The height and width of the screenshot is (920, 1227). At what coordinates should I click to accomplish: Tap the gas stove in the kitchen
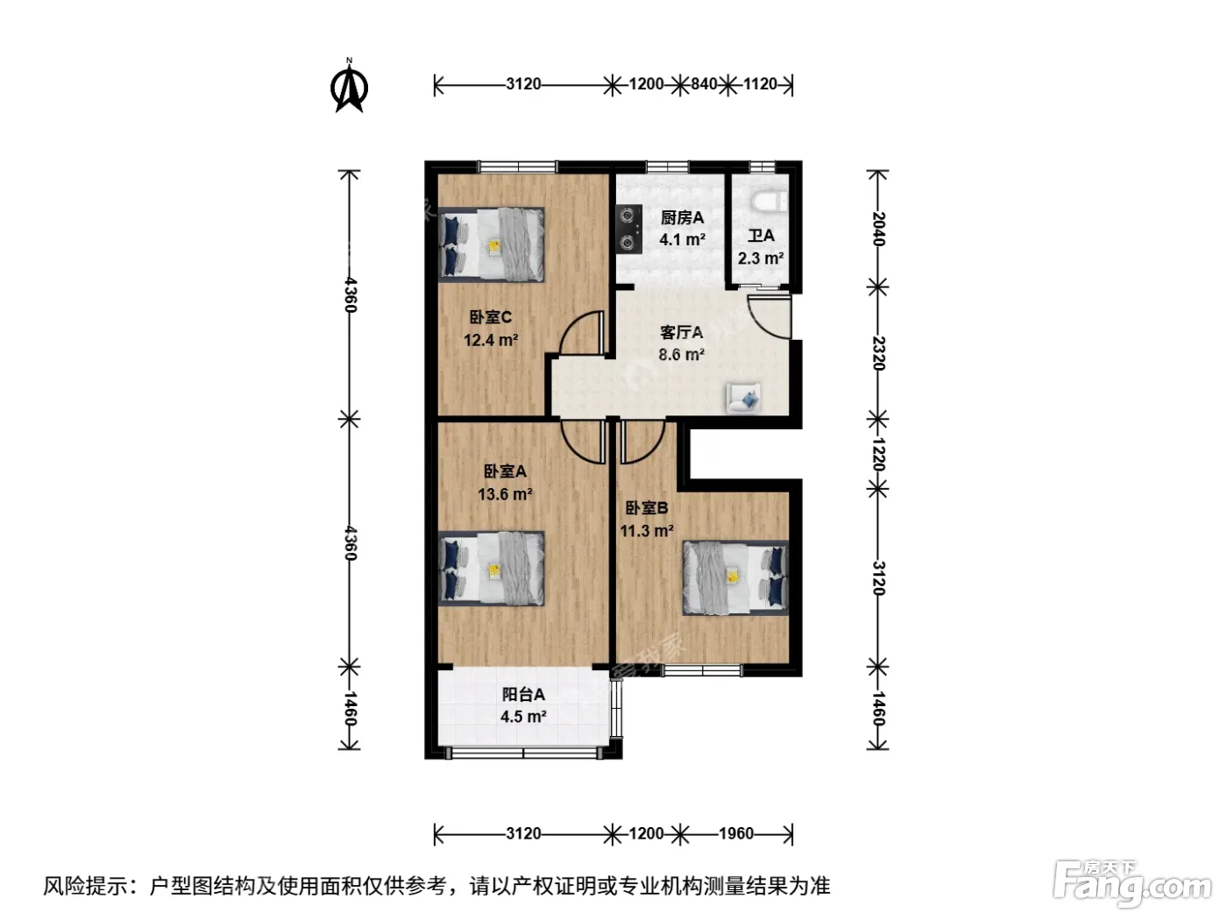(x=629, y=230)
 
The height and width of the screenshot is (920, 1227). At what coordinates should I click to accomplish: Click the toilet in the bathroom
(x=768, y=202)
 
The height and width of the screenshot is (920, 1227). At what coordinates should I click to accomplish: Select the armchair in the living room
(x=743, y=397)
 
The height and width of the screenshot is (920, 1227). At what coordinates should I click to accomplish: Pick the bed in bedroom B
(x=735, y=577)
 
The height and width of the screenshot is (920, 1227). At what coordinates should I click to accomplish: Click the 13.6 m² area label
(x=505, y=494)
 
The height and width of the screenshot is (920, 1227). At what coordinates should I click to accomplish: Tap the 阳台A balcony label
(x=523, y=694)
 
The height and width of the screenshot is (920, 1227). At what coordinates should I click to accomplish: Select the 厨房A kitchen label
(x=682, y=217)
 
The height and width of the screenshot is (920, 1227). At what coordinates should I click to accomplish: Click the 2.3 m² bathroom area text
(x=760, y=258)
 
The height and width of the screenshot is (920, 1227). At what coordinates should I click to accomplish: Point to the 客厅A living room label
(x=681, y=332)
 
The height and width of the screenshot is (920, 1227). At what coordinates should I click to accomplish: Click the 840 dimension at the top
(x=704, y=84)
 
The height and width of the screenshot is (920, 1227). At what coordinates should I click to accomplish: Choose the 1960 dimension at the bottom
(x=736, y=833)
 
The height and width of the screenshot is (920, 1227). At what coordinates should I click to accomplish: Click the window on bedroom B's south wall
(x=701, y=670)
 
